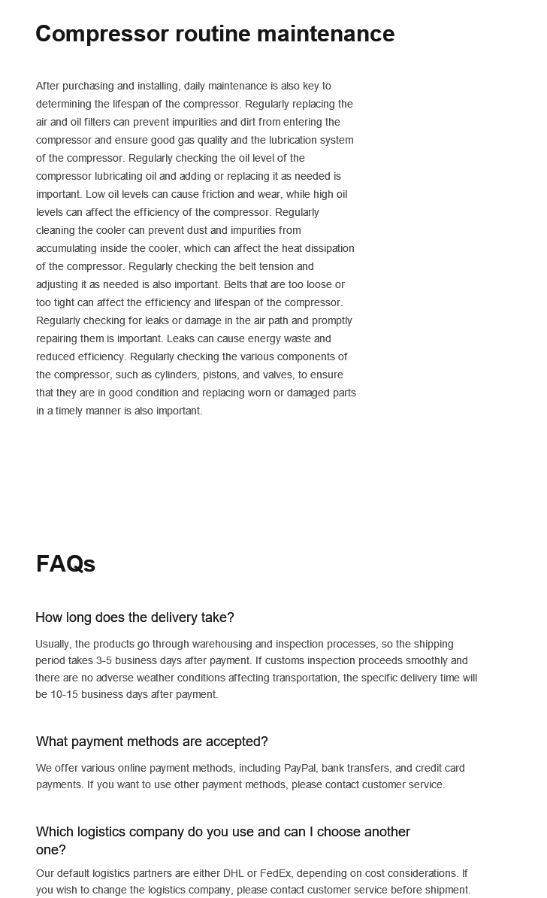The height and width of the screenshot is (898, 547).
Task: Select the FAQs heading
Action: (65, 564)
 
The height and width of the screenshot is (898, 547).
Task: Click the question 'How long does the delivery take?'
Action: (134, 617)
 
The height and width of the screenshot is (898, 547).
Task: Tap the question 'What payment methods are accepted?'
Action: (152, 742)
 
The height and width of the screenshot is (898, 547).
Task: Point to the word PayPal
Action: (300, 768)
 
